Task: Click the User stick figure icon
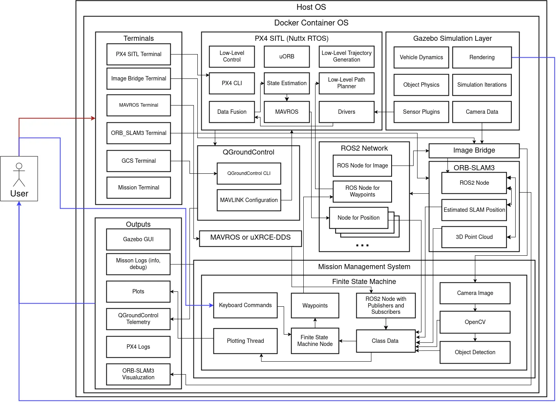(19, 175)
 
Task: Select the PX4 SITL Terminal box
(139, 54)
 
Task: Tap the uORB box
(287, 56)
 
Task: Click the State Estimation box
(287, 83)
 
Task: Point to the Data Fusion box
(232, 112)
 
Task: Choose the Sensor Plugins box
(421, 112)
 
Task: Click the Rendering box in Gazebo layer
(482, 57)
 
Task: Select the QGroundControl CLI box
(249, 173)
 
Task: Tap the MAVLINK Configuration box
(249, 200)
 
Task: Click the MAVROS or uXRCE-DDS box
(250, 238)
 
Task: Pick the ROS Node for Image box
(362, 166)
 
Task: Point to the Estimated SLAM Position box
(474, 210)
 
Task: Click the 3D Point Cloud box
(474, 237)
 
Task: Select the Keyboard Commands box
(245, 305)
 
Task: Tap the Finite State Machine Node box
(315, 340)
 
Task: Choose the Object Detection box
(475, 352)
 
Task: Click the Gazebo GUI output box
(138, 239)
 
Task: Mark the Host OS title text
(311, 7)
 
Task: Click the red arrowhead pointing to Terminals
(93, 118)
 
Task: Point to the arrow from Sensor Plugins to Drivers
(384, 112)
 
